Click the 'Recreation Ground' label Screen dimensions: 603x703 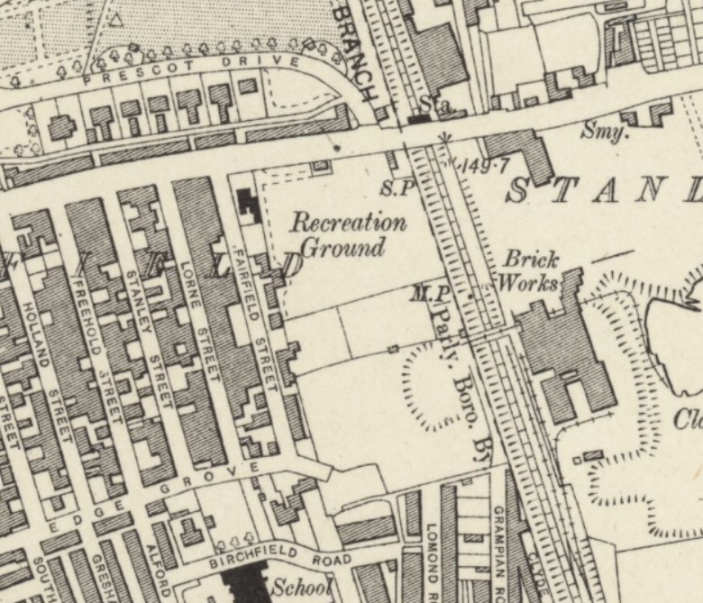(348, 234)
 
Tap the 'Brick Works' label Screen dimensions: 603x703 (531, 270)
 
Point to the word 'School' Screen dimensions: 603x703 (301, 586)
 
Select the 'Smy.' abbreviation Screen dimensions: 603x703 (604, 132)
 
